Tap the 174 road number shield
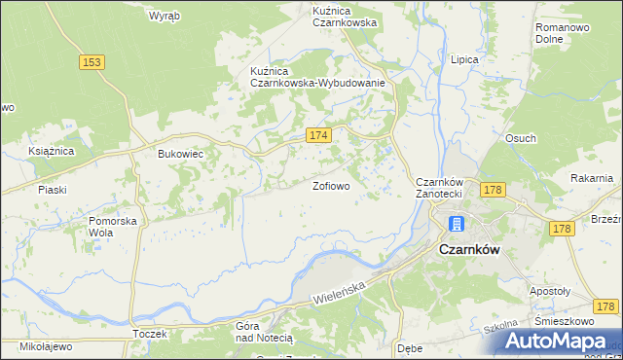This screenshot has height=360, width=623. (320, 134)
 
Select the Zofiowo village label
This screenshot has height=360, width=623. (331, 184)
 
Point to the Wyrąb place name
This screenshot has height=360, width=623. (163, 16)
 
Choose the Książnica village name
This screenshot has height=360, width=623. (52, 152)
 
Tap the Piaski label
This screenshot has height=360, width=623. (52, 190)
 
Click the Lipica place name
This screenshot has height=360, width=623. (464, 59)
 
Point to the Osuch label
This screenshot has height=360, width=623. (520, 138)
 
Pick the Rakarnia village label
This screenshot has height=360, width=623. (592, 178)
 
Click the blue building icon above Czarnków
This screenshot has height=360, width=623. (456, 224)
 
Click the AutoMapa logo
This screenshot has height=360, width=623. (559, 340)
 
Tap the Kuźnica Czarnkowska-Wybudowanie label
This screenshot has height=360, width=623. (318, 77)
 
